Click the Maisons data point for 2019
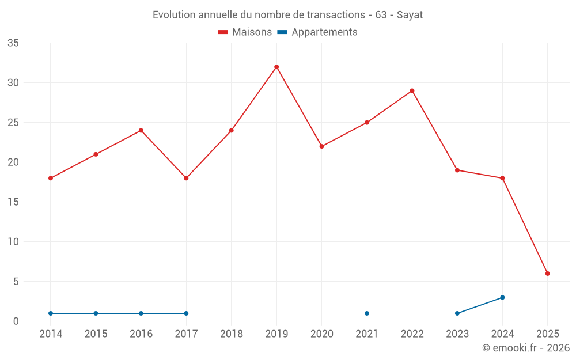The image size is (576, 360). pyautogui.click(x=276, y=67)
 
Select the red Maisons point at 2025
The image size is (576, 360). pyautogui.click(x=548, y=274)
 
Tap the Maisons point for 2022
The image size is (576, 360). pyautogui.click(x=412, y=90)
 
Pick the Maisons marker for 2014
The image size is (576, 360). pyautogui.click(x=51, y=178)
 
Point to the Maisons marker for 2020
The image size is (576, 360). pyautogui.click(x=321, y=146)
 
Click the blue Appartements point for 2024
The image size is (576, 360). pyautogui.click(x=502, y=297)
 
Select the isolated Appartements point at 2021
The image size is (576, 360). pyautogui.click(x=367, y=313)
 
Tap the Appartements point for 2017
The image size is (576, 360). pyautogui.click(x=186, y=313)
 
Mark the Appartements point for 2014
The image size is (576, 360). pyautogui.click(x=51, y=313)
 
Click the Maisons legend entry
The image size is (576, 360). pyautogui.click(x=245, y=32)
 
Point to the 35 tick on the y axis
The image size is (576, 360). pyautogui.click(x=13, y=43)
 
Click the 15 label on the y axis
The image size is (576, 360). pyautogui.click(x=13, y=202)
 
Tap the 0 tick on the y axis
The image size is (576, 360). pyautogui.click(x=16, y=321)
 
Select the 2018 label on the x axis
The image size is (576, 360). pyautogui.click(x=231, y=334)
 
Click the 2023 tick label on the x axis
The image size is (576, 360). pyautogui.click(x=457, y=334)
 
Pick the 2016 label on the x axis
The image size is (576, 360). pyautogui.click(x=141, y=334)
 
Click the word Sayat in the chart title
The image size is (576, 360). pyautogui.click(x=410, y=15)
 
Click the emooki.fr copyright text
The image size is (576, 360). pyautogui.click(x=526, y=348)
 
